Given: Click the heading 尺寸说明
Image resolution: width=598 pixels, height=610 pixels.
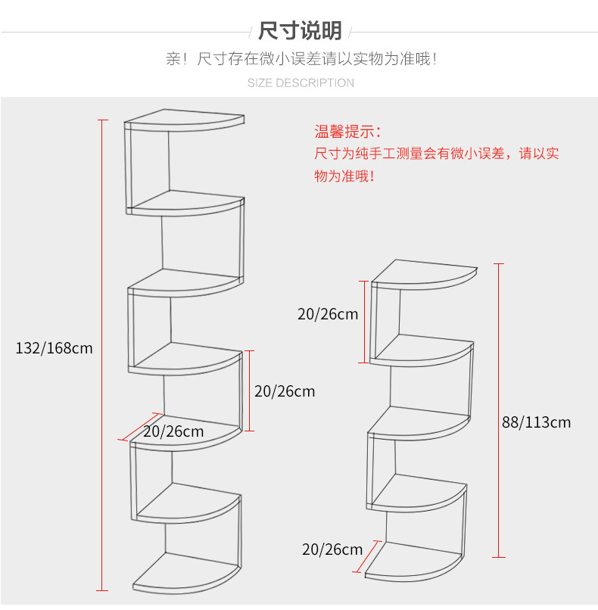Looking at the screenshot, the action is coord(300,31).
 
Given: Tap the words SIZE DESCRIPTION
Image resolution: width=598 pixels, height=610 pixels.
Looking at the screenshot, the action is coord(301,82).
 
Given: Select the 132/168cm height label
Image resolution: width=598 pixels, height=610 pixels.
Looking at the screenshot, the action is coord(54,348).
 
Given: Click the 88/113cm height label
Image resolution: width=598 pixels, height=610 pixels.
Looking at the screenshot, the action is coord(536,422).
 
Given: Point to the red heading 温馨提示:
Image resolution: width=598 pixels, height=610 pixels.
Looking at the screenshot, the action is coord(348,132).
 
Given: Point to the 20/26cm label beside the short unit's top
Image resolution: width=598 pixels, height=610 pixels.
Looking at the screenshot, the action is coord(328,314).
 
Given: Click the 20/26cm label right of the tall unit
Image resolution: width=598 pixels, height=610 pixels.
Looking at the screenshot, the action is coord(285,391).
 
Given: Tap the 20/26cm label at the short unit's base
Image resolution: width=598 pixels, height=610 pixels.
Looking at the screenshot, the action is coord(332,549).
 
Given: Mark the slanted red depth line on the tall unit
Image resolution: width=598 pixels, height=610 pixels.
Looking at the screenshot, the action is coord(142,426).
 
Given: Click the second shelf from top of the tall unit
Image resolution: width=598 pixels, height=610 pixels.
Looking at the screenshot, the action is coord(187,203).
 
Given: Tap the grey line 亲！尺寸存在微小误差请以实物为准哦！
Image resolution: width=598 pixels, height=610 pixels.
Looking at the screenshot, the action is coord(301,58).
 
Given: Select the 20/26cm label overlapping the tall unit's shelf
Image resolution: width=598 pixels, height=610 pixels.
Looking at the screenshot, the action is coord(173,431).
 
